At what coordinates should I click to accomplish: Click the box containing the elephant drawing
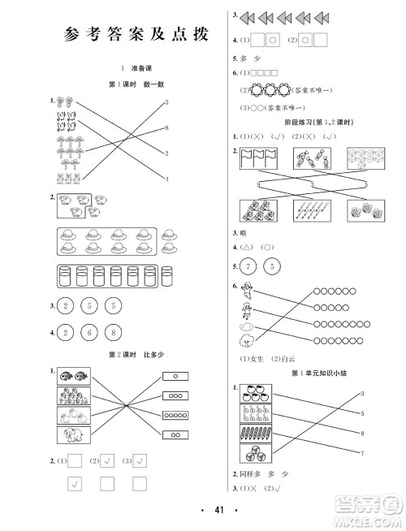click(x=74, y=438)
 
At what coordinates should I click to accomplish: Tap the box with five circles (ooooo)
click(x=175, y=416)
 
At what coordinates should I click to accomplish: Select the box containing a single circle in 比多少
click(x=175, y=377)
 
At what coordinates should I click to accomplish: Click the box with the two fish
click(x=74, y=377)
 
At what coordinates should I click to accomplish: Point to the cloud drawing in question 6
click(x=247, y=340)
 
